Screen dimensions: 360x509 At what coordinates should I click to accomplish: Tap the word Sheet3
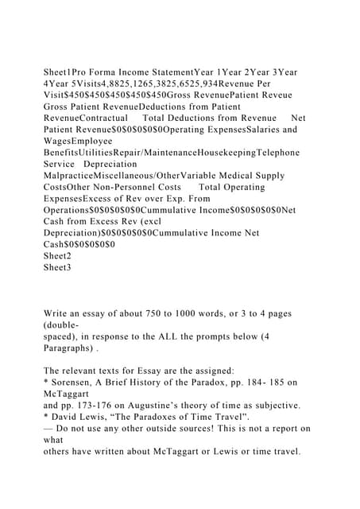pyautogui.click(x=57, y=268)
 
